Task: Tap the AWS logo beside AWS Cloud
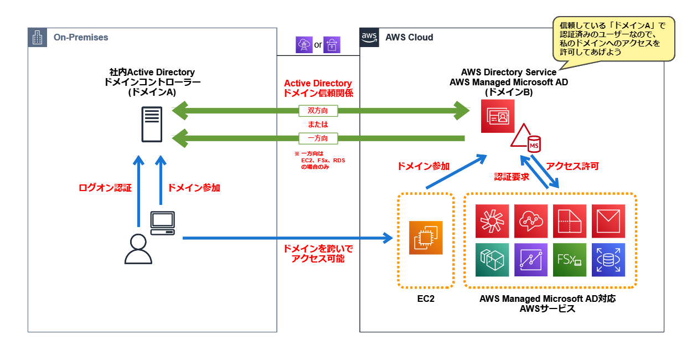369,37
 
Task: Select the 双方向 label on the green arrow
318,111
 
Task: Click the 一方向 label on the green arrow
318,137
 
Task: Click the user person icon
138,249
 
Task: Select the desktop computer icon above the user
163,223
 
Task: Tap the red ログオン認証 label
105,188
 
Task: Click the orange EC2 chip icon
426,238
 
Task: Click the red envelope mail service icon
608,221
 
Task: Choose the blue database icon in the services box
608,260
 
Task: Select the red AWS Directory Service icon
497,117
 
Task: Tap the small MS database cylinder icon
534,144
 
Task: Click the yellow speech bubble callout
613,39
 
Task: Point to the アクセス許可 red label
572,166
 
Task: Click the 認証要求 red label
512,177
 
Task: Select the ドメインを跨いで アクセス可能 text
318,253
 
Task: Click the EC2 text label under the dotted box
426,299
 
